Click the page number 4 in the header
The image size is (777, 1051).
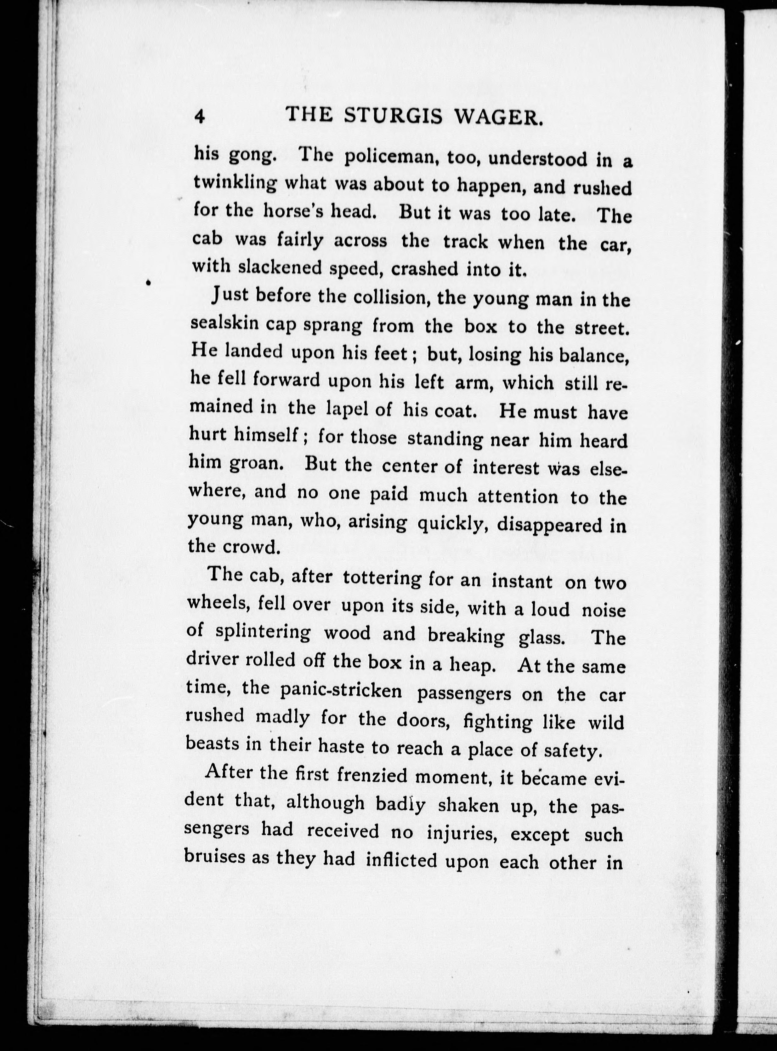coord(200,116)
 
